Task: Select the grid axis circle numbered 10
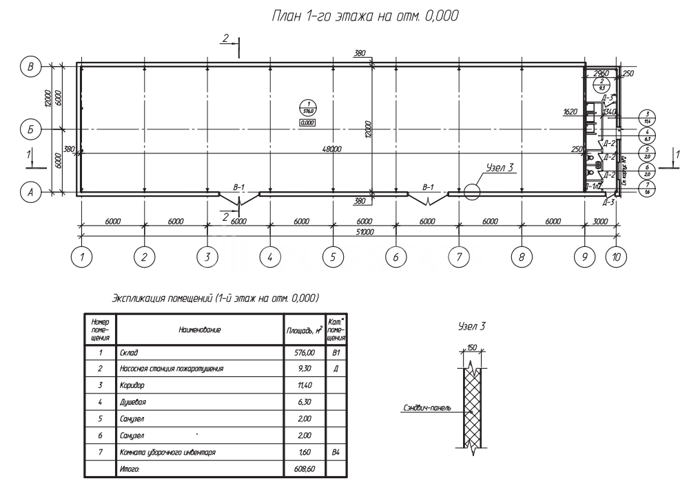point(616,257)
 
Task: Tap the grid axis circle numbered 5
point(333,257)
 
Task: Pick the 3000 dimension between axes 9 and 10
point(600,222)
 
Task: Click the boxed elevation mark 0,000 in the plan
point(307,122)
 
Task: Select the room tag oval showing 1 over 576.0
point(307,107)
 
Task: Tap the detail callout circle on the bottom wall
point(471,191)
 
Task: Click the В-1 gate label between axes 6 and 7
point(428,186)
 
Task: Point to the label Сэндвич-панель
point(427,407)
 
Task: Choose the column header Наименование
point(200,330)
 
